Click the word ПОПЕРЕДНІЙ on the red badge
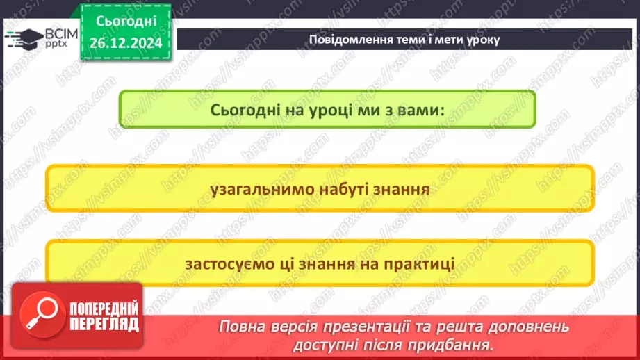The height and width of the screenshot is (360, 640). tap(104, 309)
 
